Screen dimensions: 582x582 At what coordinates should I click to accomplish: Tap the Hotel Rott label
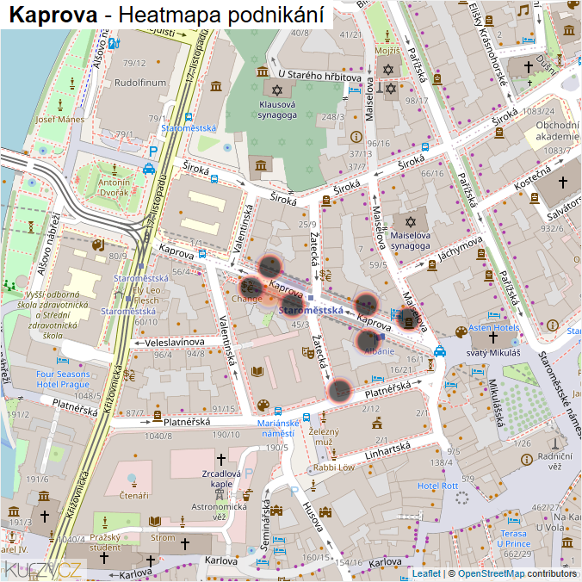coord(437,486)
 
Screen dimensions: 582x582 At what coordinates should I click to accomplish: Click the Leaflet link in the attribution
coord(426,573)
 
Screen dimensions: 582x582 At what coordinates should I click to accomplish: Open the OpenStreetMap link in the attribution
coord(492,573)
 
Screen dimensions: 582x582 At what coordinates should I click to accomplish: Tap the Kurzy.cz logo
coord(43,568)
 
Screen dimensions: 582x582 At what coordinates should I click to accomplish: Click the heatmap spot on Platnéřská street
coord(340,392)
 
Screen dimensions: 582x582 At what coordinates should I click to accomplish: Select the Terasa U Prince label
coord(511,539)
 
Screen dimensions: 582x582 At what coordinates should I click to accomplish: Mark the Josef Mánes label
coord(59,119)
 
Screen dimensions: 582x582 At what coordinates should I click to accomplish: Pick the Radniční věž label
coord(554,461)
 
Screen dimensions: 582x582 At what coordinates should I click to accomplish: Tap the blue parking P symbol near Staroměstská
coord(153,151)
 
